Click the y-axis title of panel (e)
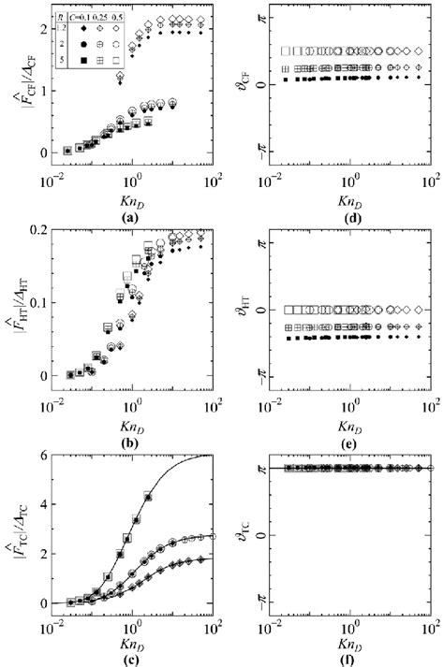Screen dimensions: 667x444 pyautogui.click(x=234, y=308)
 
